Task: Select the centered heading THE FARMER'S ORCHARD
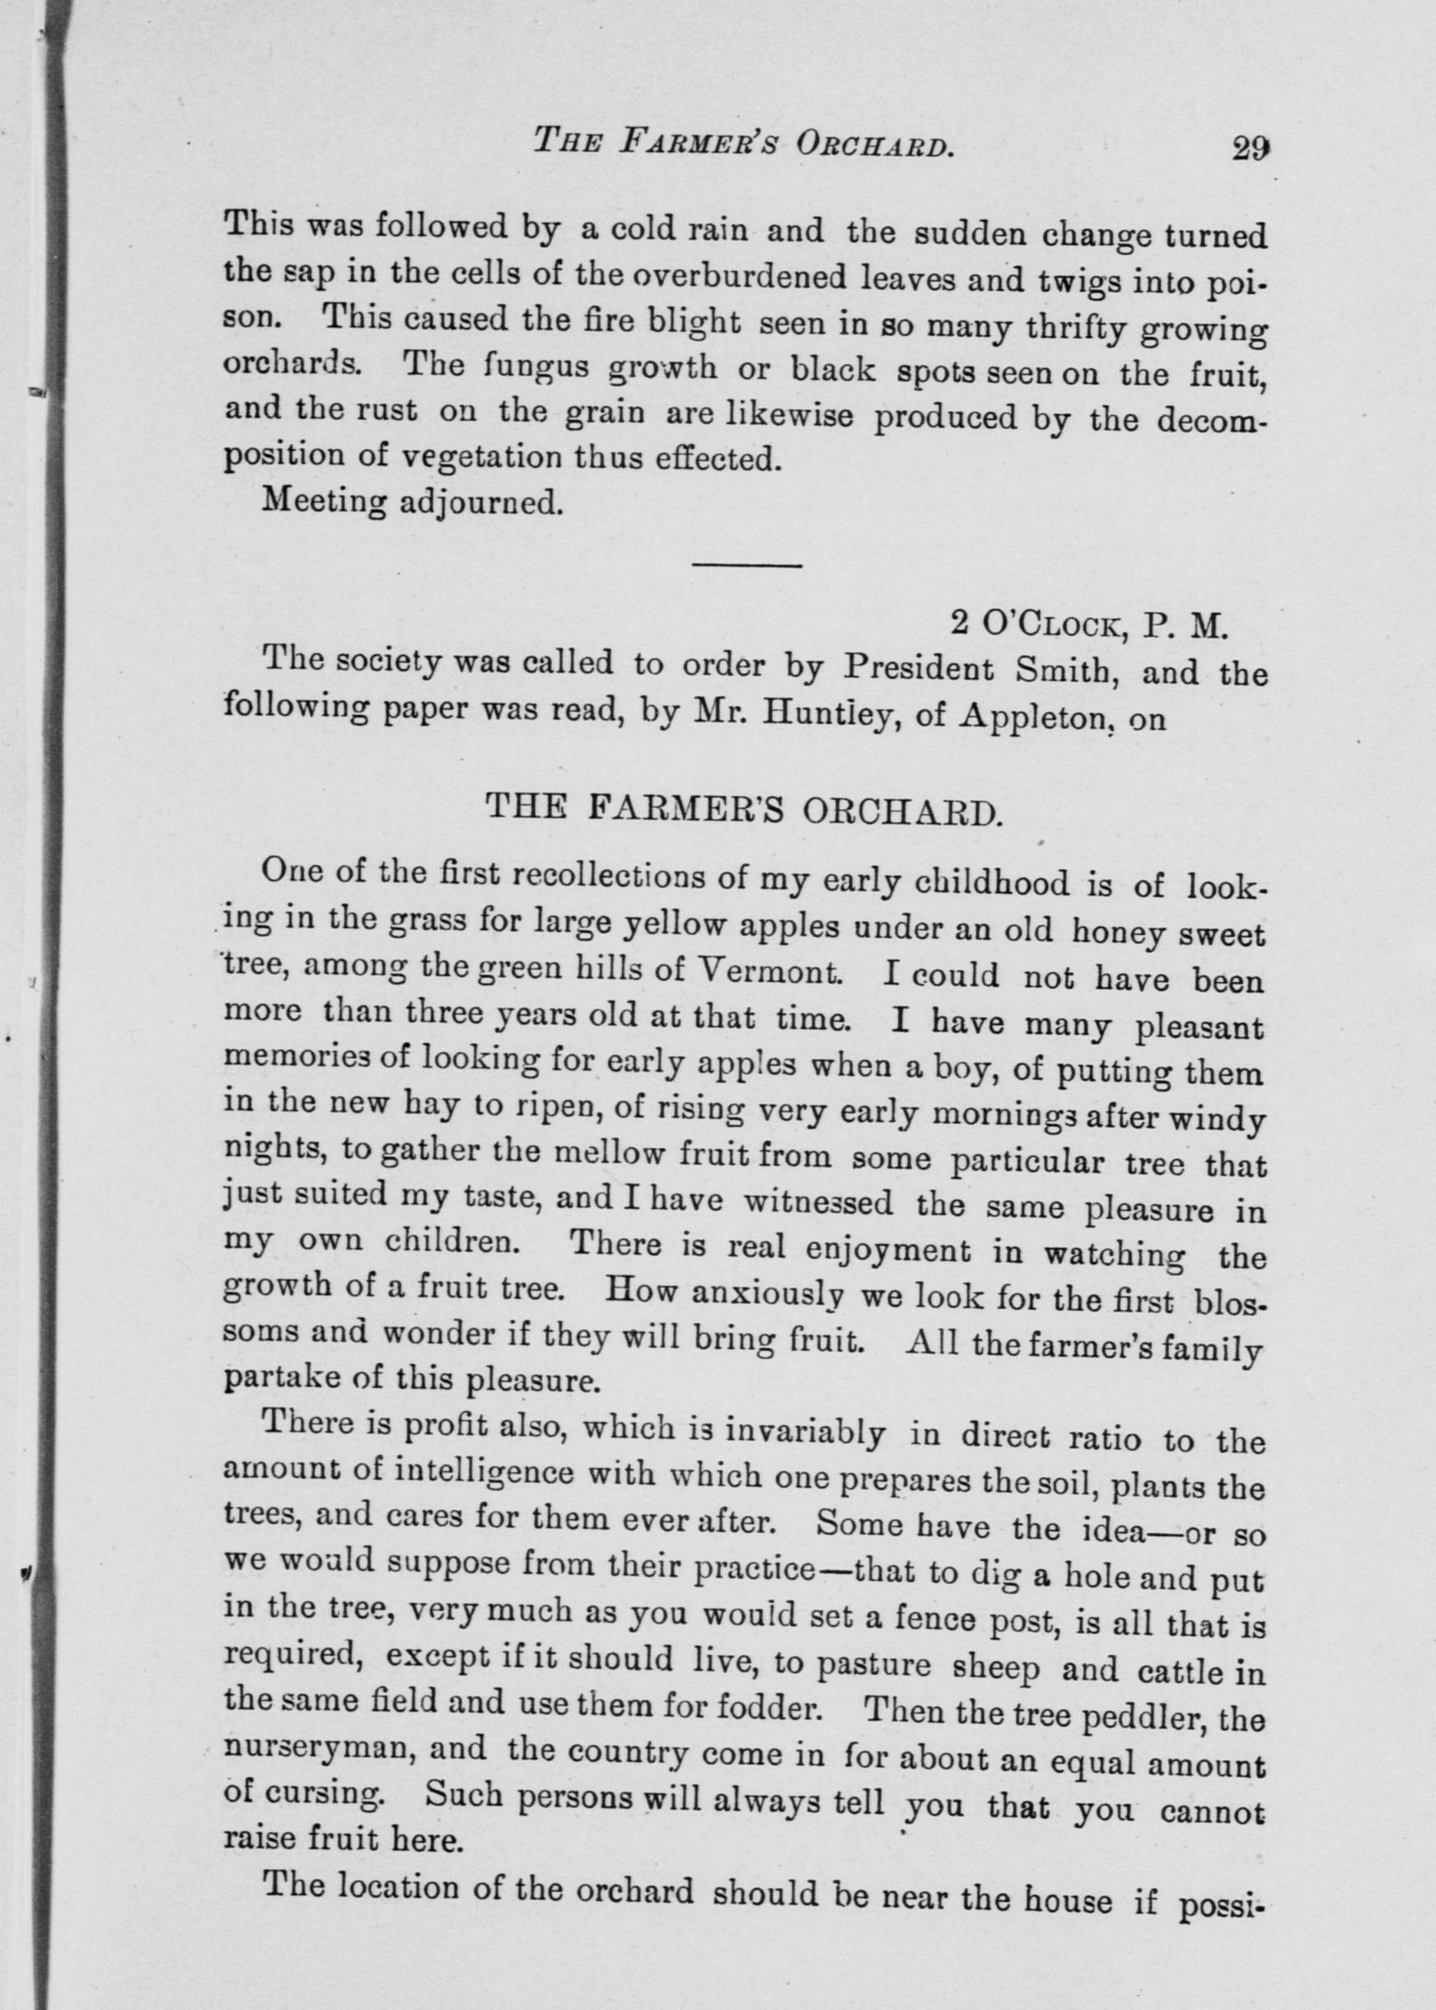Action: tap(745, 808)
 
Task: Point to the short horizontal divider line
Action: tap(746, 565)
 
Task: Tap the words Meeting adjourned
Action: tap(413, 503)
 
